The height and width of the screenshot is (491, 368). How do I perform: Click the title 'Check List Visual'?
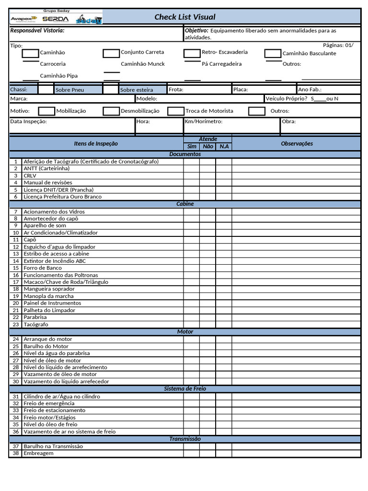(x=184, y=17)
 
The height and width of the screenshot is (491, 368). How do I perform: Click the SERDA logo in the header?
(x=56, y=19)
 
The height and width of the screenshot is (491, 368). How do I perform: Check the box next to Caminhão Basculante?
(x=273, y=53)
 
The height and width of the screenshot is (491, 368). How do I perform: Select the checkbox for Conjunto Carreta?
(x=111, y=53)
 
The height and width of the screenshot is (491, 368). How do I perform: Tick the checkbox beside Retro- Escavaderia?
(x=192, y=53)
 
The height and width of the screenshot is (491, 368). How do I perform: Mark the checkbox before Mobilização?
(x=46, y=111)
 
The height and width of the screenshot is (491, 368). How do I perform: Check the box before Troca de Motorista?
(x=175, y=111)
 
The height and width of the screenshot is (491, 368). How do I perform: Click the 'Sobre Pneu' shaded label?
(x=70, y=90)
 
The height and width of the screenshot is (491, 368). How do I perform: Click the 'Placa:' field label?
(x=240, y=89)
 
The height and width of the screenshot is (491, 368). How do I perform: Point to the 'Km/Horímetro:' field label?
(x=204, y=121)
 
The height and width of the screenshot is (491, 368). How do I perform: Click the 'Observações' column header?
(x=297, y=143)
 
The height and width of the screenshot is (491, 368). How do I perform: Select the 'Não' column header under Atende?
(x=207, y=147)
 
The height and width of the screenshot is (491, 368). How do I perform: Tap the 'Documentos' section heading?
(x=185, y=154)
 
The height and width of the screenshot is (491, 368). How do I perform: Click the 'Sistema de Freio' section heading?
(x=185, y=389)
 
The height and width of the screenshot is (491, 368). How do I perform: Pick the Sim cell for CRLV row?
(x=191, y=175)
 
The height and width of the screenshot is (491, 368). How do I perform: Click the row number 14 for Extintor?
(x=15, y=261)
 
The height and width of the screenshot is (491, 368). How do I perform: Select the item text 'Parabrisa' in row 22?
(x=36, y=317)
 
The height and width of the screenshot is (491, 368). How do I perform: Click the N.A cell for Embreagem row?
(x=223, y=453)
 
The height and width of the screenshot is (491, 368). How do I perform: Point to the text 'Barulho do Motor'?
(x=46, y=346)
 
